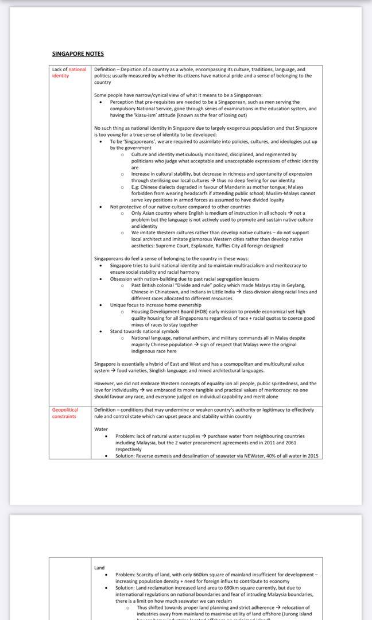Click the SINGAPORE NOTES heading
point(78,54)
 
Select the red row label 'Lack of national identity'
point(69,72)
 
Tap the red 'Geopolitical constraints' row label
point(65,413)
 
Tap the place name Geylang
point(296,285)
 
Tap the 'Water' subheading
point(101,429)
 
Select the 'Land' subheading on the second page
point(99,568)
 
